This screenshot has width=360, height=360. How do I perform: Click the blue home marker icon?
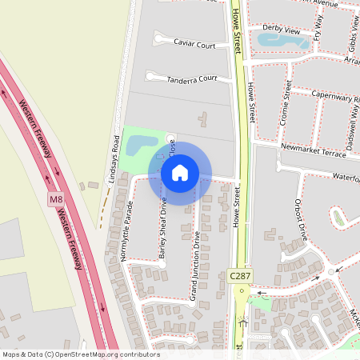tap(180, 173)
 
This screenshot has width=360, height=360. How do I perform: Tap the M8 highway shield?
tap(55, 199)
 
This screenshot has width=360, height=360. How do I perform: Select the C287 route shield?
tap(240, 275)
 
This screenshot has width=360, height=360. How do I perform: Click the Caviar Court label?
tap(194, 46)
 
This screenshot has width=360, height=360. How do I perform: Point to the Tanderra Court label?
tap(192, 79)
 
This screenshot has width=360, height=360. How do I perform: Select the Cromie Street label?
tap(286, 109)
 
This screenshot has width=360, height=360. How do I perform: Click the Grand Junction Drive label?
tap(194, 265)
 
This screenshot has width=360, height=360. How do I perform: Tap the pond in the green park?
tap(142, 144)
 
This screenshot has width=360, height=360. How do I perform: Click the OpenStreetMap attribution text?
tap(80, 354)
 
